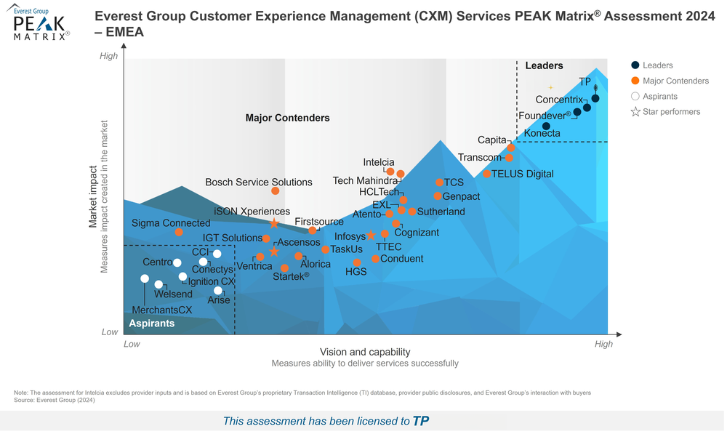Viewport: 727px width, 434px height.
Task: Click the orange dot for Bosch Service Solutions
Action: click(276, 190)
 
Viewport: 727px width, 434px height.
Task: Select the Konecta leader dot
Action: click(546, 126)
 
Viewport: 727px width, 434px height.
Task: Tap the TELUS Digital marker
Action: click(486, 174)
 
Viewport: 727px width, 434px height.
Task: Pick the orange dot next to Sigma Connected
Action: click(179, 233)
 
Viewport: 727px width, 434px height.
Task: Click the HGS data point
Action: click(357, 262)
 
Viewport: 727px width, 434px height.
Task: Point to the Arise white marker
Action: click(218, 290)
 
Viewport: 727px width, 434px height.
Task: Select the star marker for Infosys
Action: click(371, 236)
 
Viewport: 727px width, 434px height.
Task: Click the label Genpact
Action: click(461, 196)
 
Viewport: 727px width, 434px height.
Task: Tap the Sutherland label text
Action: click(441, 212)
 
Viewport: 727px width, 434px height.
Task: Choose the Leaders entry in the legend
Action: click(657, 65)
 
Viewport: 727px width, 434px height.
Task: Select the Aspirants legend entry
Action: click(659, 96)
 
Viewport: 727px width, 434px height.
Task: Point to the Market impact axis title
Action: click(93, 196)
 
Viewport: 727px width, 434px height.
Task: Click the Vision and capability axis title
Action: click(364, 352)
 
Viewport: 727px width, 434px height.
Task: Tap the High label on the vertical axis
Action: click(108, 56)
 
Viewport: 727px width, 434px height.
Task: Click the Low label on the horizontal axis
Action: click(132, 344)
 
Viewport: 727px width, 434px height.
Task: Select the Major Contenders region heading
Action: click(287, 118)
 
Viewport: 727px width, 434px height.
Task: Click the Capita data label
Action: click(491, 140)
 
